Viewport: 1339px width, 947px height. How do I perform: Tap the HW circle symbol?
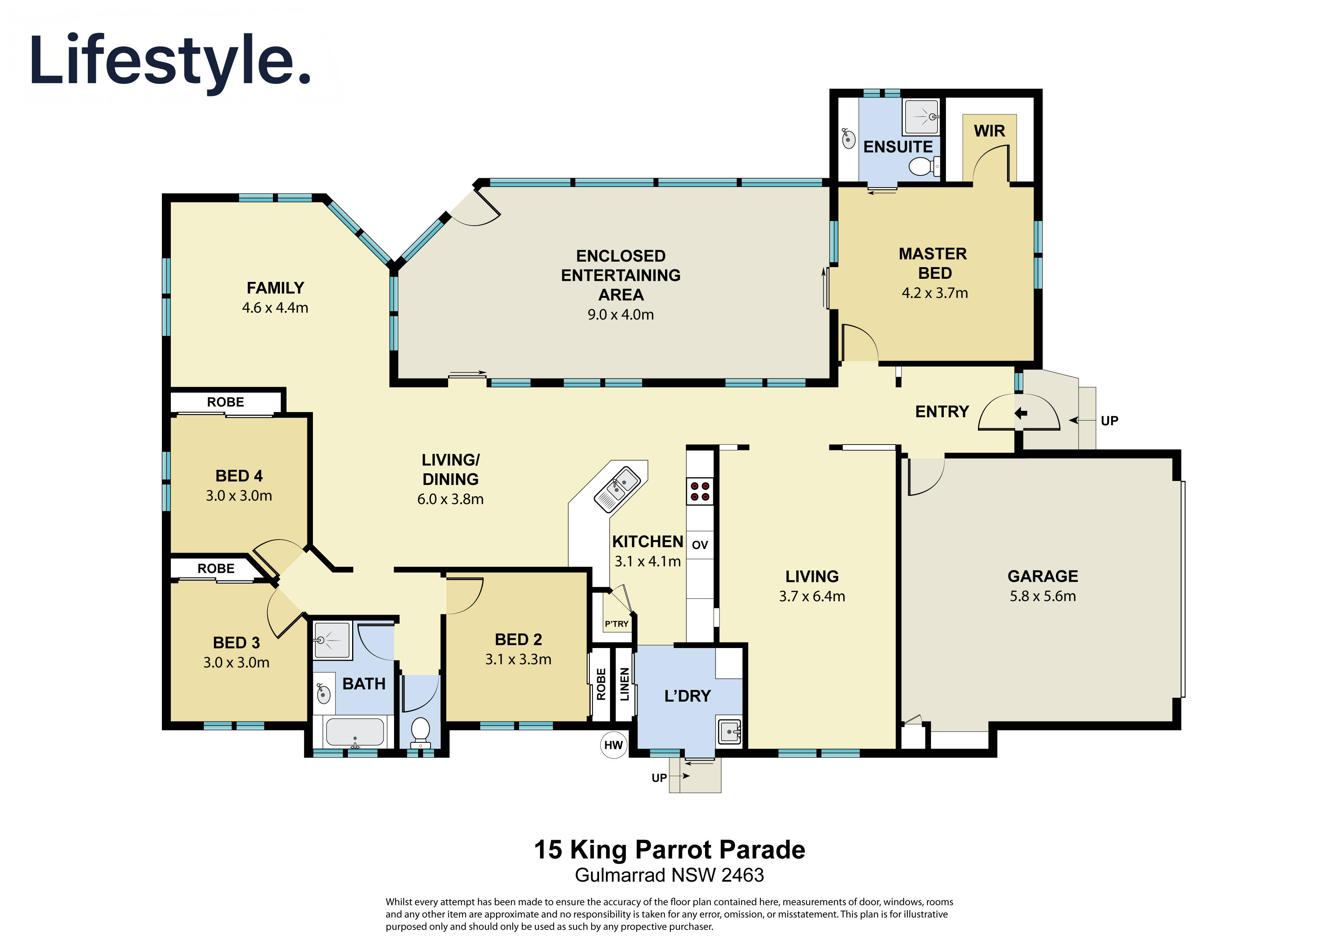coord(613,745)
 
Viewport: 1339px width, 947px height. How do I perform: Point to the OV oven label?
coord(700,545)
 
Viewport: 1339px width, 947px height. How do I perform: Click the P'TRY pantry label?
coord(617,624)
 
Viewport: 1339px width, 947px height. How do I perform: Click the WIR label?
coord(990,131)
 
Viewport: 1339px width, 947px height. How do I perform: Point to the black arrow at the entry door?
coord(1021,414)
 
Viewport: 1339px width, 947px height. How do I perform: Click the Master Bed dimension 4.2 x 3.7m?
coord(935,293)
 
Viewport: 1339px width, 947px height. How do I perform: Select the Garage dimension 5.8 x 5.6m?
coord(1043,596)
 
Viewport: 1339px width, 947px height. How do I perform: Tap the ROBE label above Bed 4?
coord(226,402)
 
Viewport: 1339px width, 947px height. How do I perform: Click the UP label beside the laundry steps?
coord(659,778)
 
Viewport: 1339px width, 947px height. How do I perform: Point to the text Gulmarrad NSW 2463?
coord(669,875)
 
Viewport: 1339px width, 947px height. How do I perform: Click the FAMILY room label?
coord(275,288)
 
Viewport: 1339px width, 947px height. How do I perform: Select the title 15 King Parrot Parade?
coord(669,850)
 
